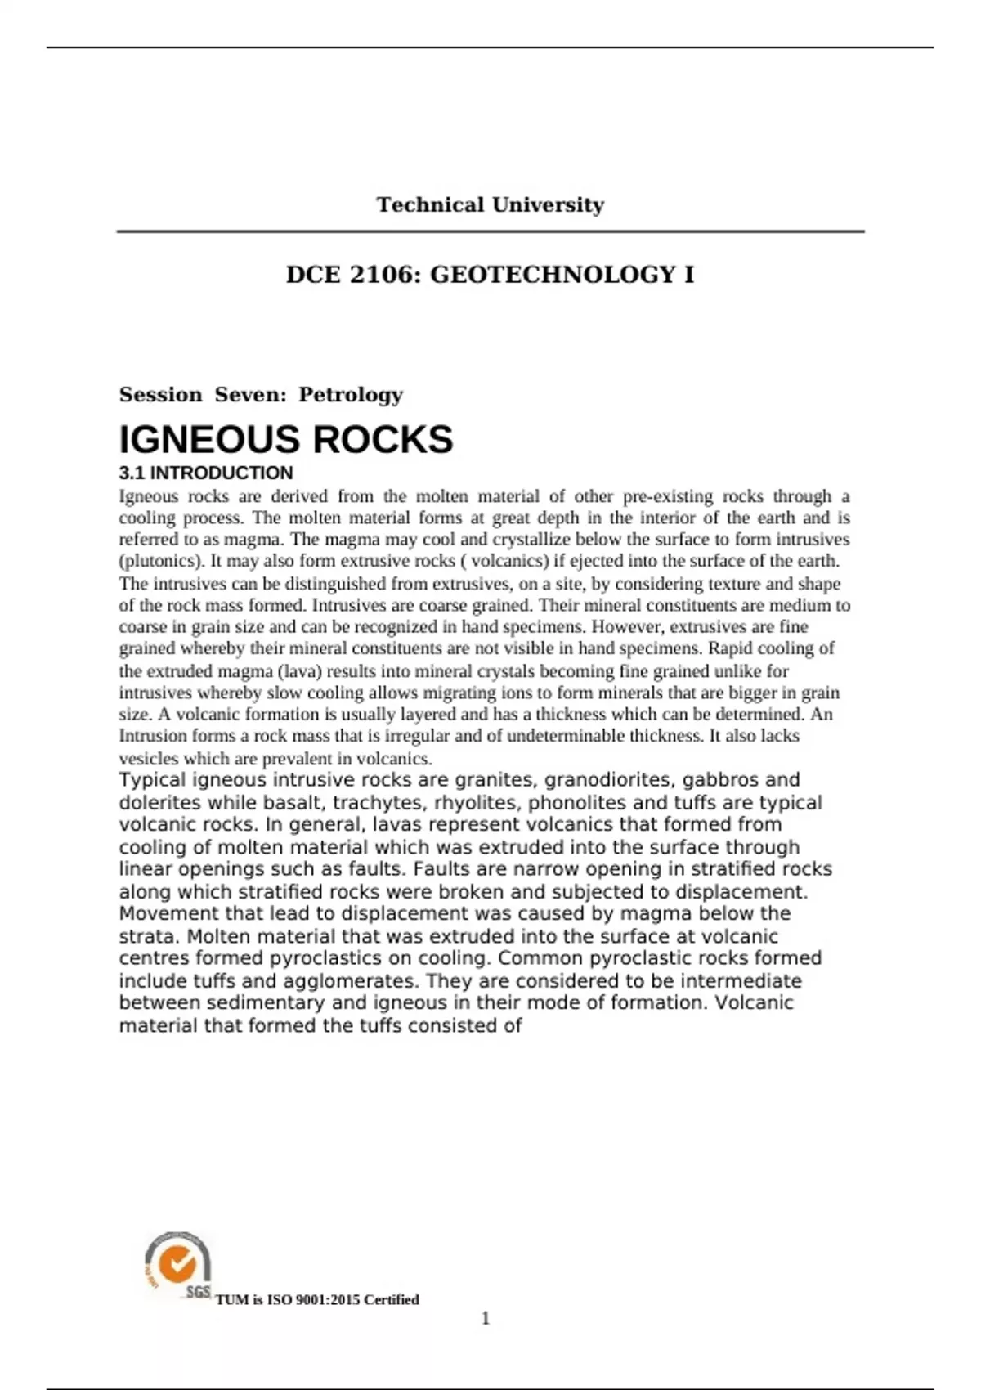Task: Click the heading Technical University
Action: click(x=490, y=204)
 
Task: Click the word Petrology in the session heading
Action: click(x=351, y=395)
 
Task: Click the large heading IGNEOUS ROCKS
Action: click(x=286, y=439)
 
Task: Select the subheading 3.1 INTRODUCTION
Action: click(x=206, y=473)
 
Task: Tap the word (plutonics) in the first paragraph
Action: click(x=162, y=561)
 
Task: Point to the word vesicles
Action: click(x=149, y=758)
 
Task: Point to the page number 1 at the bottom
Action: click(x=486, y=1318)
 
